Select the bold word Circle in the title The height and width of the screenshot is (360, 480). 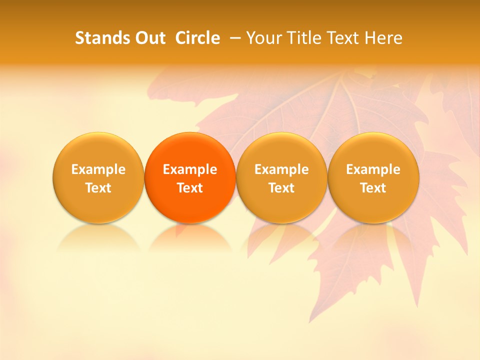(x=197, y=38)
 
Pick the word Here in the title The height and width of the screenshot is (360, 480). (x=383, y=38)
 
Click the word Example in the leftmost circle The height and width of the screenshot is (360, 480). (x=98, y=169)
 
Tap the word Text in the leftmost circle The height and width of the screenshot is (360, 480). (x=98, y=188)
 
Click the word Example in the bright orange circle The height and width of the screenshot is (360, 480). (x=190, y=169)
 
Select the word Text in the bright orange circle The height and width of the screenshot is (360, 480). (x=190, y=188)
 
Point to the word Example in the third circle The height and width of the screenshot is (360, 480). (x=281, y=169)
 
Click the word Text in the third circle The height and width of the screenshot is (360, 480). (x=281, y=188)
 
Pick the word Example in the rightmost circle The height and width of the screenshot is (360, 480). (x=373, y=169)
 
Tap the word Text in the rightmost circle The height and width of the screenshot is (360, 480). (x=373, y=188)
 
